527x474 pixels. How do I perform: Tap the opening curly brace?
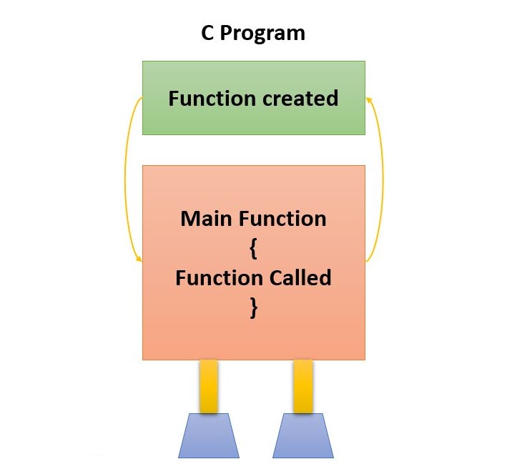[x=253, y=247]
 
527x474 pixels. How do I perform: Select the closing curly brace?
[x=253, y=307]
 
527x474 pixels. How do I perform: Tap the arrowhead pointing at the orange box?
[x=138, y=260]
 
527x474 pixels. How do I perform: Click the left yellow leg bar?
[x=208, y=386]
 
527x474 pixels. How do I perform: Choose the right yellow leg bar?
[x=302, y=386]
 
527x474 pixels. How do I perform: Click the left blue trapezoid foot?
[x=208, y=435]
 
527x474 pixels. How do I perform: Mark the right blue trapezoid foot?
[x=302, y=435]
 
